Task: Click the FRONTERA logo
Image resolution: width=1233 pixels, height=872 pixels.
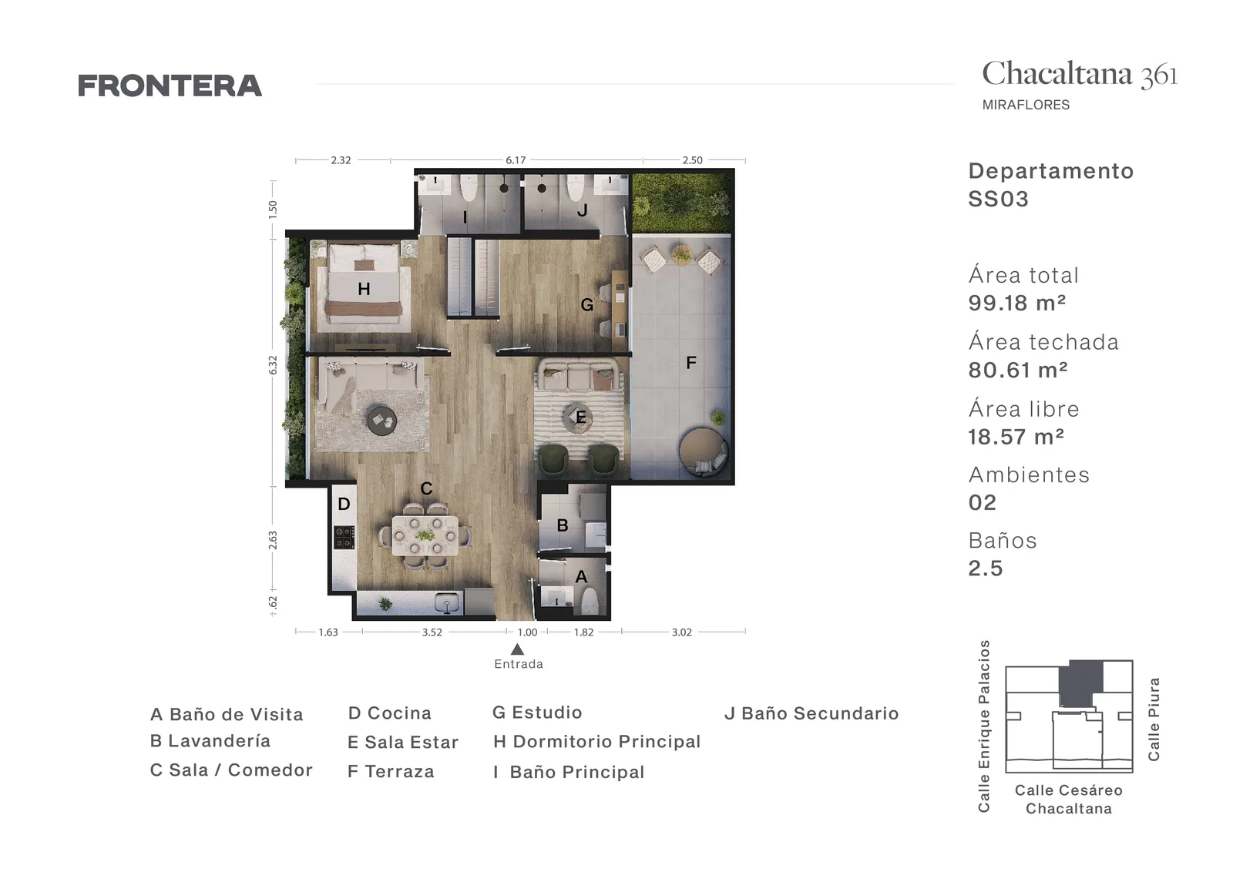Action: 170,86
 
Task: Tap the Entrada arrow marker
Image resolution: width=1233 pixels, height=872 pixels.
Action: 517,649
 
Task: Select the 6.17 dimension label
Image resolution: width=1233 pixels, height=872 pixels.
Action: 516,160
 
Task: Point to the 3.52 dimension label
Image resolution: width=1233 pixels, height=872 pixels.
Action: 432,632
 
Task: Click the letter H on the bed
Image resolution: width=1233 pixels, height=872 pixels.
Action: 364,289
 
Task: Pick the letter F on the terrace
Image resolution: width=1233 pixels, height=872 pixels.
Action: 691,363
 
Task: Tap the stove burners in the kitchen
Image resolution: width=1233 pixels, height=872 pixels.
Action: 344,538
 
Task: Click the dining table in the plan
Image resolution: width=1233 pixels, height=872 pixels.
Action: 425,535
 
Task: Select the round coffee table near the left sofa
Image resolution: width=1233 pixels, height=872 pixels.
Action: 382,421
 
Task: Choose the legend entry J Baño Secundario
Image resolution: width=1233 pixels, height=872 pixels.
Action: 811,713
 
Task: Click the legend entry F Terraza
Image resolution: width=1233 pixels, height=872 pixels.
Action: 391,771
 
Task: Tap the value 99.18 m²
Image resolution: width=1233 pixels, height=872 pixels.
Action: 1017,303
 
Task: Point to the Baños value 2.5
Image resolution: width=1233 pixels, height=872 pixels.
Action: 986,568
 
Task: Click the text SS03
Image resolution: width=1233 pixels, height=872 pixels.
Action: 998,199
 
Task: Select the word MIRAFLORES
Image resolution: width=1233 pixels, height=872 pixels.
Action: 1026,105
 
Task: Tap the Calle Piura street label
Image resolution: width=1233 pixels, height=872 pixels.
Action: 1154,719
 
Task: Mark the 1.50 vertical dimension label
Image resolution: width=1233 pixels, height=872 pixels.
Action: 273,210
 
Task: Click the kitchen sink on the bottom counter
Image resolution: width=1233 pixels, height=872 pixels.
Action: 446,603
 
